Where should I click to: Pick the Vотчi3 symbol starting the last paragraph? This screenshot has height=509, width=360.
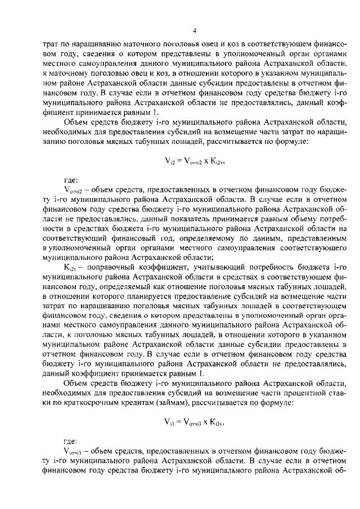pyautogui.click(x=74, y=451)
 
